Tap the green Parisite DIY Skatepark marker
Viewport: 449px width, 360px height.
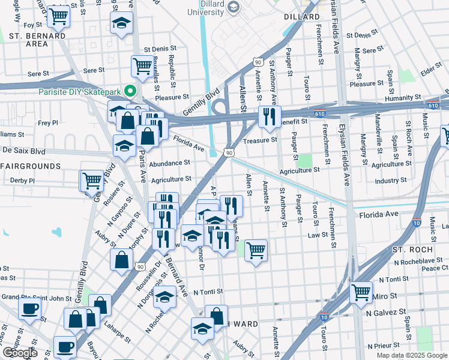[x=130, y=92]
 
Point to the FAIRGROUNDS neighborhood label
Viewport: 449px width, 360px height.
[x=30, y=166]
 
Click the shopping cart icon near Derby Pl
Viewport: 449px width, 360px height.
[x=92, y=179]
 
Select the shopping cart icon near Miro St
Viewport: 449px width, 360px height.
[x=360, y=292]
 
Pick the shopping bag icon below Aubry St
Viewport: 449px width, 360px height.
[x=121, y=259]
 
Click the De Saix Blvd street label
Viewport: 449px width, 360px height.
[x=24, y=151]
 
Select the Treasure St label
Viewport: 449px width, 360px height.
[x=261, y=140]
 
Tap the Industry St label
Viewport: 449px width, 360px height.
[x=391, y=181]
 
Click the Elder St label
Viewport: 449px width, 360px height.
[x=431, y=71]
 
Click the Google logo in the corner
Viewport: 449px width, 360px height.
[x=20, y=353]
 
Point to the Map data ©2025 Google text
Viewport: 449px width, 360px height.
[x=411, y=355]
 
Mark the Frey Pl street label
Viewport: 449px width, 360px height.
[x=47, y=122]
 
